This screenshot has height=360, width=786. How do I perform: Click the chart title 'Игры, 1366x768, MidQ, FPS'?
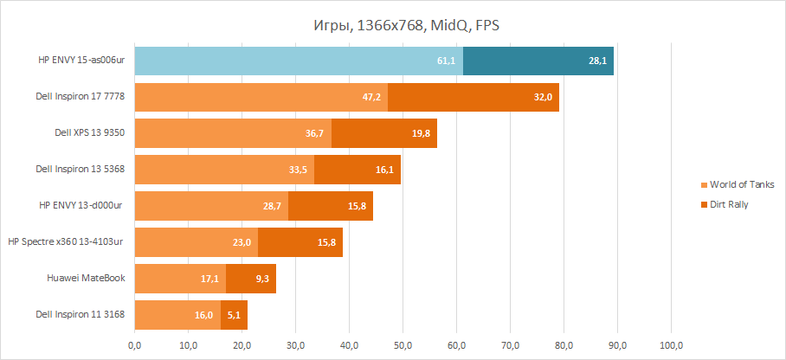405,25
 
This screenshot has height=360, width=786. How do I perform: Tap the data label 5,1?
235,316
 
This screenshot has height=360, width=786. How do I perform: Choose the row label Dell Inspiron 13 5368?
80,170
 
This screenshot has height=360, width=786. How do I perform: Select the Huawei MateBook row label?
86,279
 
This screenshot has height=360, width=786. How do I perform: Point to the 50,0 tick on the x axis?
403,346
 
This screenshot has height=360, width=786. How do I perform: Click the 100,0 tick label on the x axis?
671,346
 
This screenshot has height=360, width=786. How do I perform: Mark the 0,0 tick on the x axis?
134,346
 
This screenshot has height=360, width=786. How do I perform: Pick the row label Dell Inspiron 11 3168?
80,315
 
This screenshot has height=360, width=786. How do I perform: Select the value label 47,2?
373,98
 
